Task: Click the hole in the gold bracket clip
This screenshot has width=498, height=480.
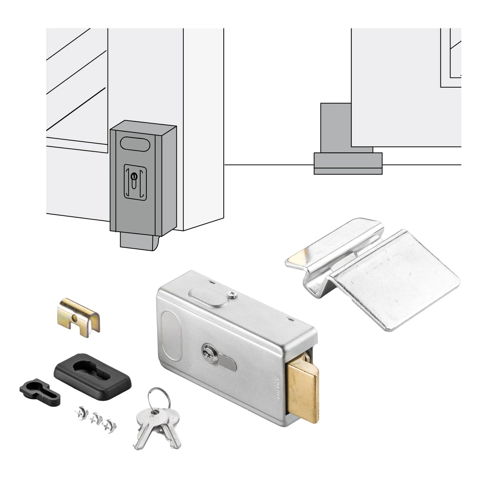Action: (75, 317)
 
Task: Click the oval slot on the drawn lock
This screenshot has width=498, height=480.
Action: (135, 144)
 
